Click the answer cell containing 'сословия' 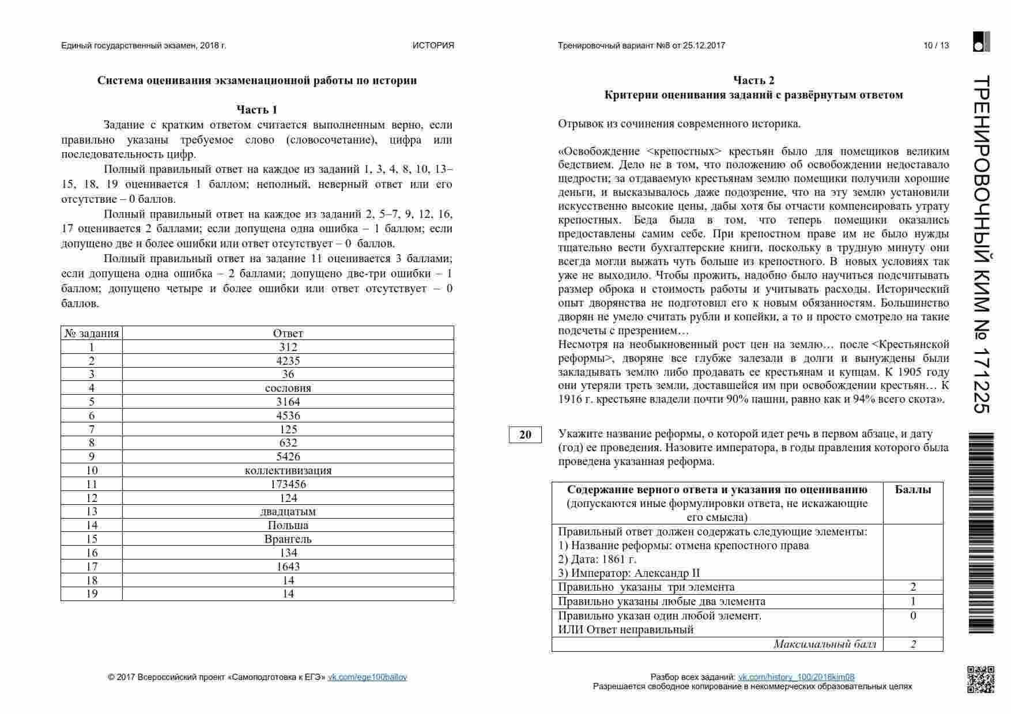[x=288, y=388]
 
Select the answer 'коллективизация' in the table [x=288, y=470]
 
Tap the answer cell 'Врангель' [x=288, y=539]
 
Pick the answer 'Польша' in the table [x=288, y=525]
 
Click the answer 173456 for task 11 [x=288, y=484]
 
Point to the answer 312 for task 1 [x=288, y=347]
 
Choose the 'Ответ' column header [x=288, y=333]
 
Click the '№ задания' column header [x=92, y=333]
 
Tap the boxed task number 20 [x=525, y=435]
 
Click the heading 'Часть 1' [x=256, y=109]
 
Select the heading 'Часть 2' [x=753, y=80]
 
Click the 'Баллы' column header [x=912, y=490]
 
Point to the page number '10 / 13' [x=936, y=46]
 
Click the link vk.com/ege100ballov [x=367, y=677]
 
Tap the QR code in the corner [x=980, y=679]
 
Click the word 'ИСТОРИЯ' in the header [x=433, y=46]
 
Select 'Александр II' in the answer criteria [x=667, y=573]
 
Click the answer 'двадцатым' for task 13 [x=288, y=512]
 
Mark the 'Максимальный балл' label [x=824, y=644]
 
